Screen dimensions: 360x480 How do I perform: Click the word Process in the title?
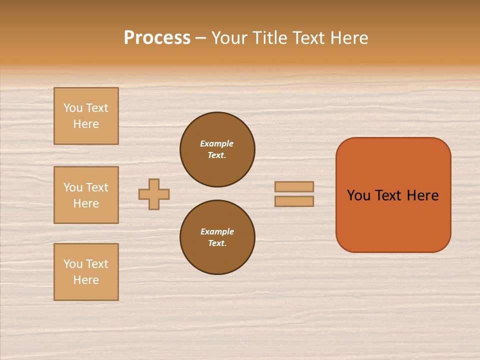[x=157, y=38]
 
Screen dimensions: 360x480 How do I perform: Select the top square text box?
[x=86, y=116]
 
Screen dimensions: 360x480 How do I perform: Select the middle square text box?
[x=86, y=195]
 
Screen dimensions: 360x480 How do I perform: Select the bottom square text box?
[x=86, y=272]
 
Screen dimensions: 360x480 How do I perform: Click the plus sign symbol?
[x=154, y=194]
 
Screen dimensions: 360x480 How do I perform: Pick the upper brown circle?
[x=217, y=149]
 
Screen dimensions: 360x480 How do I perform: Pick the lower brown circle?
[x=217, y=237]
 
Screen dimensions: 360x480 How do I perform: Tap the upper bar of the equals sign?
[x=294, y=186]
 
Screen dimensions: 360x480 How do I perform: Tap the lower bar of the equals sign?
[x=294, y=201]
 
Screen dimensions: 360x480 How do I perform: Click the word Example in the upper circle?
[x=216, y=143]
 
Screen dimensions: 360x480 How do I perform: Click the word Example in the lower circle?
[x=217, y=231]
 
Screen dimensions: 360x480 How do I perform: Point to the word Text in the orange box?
[x=388, y=195]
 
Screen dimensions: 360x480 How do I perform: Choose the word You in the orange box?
[x=358, y=195]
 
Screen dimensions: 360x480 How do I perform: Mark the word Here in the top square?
[x=86, y=124]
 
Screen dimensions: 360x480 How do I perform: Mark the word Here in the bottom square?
[x=86, y=280]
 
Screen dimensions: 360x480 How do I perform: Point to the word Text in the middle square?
[x=96, y=187]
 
